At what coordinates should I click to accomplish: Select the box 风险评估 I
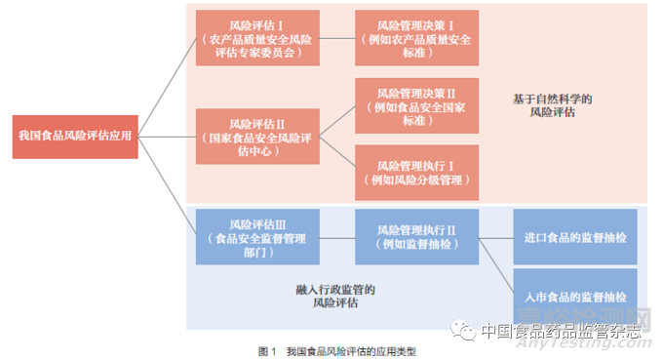(256, 37)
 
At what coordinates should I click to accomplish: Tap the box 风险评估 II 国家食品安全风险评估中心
(256, 136)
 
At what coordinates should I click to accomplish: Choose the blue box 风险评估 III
(256, 236)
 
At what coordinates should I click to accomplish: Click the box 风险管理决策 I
(416, 37)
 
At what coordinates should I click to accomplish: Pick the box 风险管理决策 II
(416, 105)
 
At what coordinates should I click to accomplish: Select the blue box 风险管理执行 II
(416, 236)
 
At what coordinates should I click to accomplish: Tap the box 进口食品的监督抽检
(575, 236)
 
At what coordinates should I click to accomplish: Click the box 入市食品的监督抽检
(575, 295)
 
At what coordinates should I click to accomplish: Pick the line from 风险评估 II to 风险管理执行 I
(336, 153)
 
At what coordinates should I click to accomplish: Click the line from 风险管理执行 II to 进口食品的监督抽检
(496, 236)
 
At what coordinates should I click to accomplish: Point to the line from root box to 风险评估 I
(161, 88)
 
